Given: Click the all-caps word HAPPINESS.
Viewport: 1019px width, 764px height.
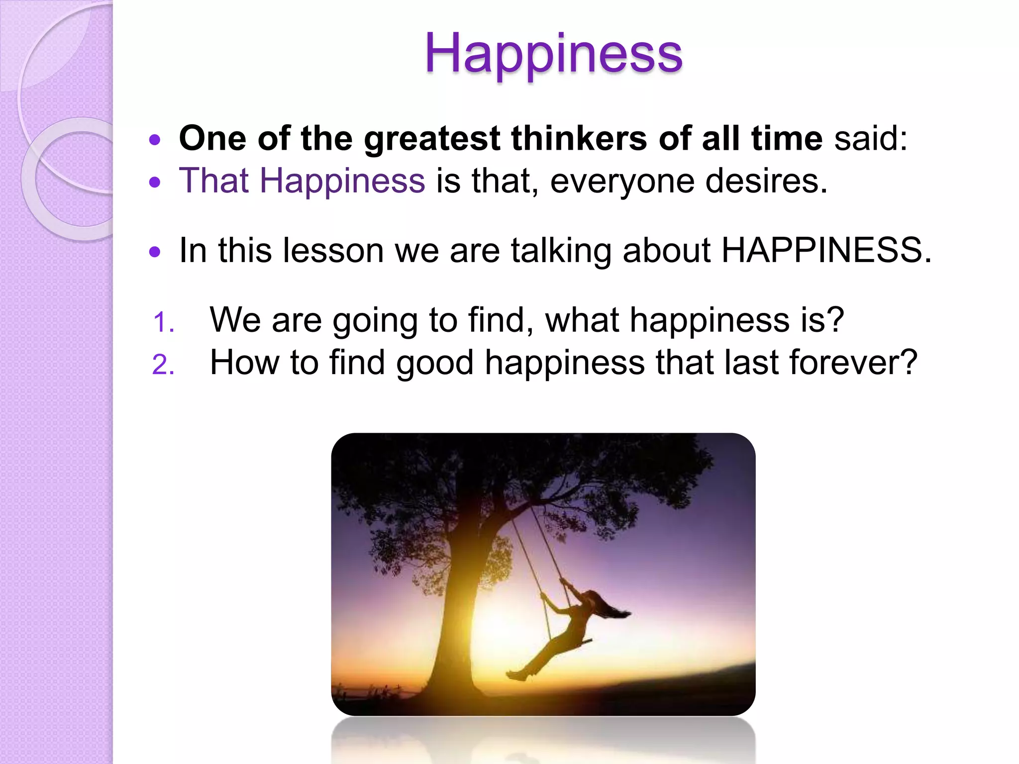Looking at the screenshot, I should click(826, 250).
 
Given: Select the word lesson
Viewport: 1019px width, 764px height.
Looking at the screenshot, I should click(333, 250).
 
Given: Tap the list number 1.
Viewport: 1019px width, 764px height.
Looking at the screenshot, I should click(163, 322).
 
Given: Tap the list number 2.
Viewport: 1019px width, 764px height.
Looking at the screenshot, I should click(163, 365).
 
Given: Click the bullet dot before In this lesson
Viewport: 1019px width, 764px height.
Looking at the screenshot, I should click(155, 252).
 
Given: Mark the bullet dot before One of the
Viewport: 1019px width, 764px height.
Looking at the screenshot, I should click(155, 140).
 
